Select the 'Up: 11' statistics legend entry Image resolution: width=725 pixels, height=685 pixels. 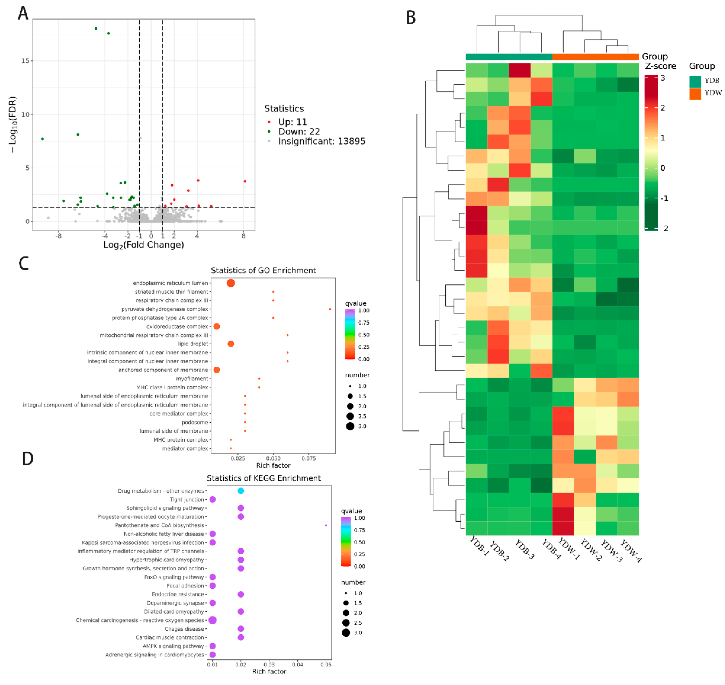point(292,122)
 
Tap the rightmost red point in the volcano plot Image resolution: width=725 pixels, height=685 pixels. point(245,181)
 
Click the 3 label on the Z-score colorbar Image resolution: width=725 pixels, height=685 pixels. point(663,78)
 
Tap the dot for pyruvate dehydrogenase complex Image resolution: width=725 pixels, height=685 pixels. point(330,309)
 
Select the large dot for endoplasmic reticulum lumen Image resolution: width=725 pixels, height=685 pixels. point(231,283)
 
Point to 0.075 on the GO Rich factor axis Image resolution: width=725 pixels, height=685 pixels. point(309,458)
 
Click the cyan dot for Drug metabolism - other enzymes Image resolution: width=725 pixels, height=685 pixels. point(240,490)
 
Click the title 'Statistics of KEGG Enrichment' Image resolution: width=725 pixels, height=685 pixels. point(263,478)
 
